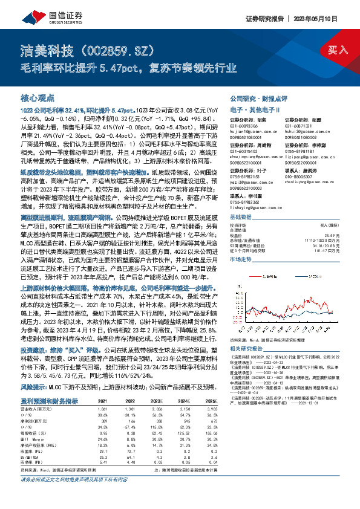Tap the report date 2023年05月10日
click(328, 18)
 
